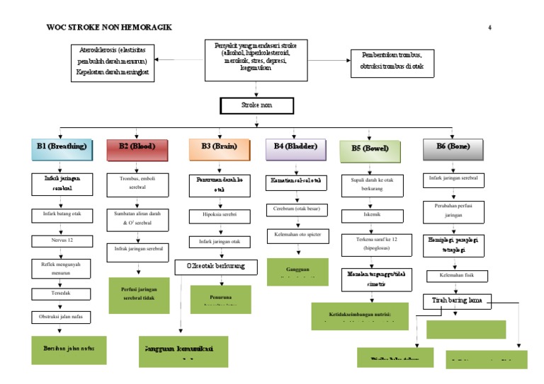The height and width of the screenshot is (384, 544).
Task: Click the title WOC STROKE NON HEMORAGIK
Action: tap(108, 28)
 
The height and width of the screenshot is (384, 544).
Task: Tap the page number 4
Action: tap(489, 28)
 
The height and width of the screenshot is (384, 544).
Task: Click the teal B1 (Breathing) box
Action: tap(62, 147)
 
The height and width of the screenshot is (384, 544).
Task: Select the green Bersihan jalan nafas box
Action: tap(64, 349)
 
